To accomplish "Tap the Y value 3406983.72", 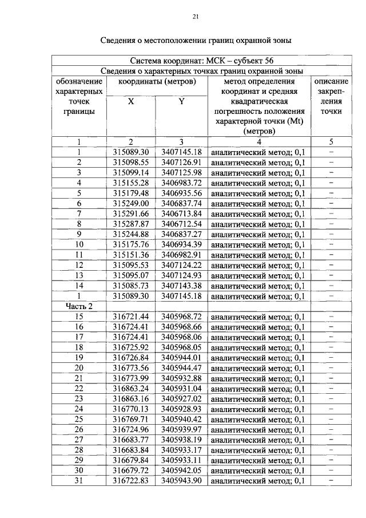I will coord(181,183).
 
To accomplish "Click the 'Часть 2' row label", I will coord(79,307).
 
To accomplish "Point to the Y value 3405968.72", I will coord(181,317).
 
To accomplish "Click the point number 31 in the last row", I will coord(79,481).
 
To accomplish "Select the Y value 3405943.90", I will coord(181,481).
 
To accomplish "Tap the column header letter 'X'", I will coord(131,101).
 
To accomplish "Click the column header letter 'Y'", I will coord(181,101).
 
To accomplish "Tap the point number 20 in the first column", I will coord(79,368).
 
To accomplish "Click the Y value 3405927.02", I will coord(181,399).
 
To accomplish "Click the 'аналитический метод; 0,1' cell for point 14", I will coord(258,286).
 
